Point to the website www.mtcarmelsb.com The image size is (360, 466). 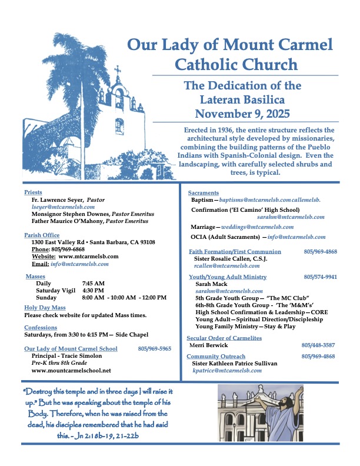click(x=89, y=257)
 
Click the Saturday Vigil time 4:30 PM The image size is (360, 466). click(x=94, y=290)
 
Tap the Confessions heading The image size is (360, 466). click(x=41, y=327)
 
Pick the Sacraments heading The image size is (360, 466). click(x=204, y=192)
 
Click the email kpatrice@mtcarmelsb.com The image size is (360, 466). click(x=227, y=371)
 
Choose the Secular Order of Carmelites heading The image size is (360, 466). click(x=224, y=338)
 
